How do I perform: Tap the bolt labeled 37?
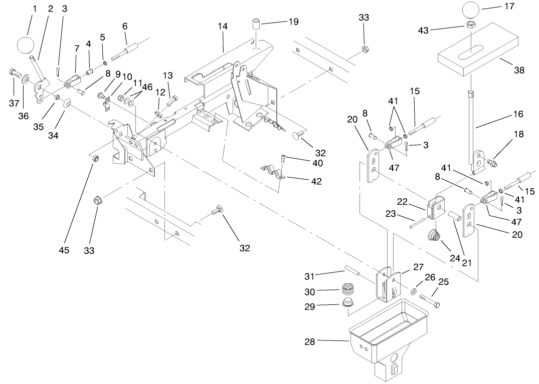(14, 74)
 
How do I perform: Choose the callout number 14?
(223, 26)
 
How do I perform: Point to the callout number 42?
(316, 181)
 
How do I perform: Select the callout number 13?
(167, 76)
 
